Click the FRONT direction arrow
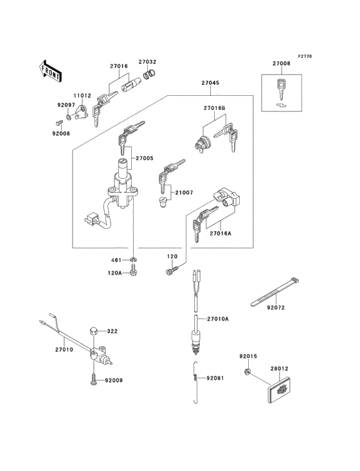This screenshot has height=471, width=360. [x=50, y=69]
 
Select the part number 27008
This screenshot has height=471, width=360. [x=281, y=64]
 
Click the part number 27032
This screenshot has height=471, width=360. [x=147, y=62]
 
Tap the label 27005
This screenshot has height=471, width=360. [x=145, y=157]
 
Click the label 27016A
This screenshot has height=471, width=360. [x=220, y=233]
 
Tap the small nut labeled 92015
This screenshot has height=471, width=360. [x=248, y=373]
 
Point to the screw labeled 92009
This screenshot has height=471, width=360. [x=94, y=380]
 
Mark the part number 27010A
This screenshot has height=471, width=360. [x=217, y=319]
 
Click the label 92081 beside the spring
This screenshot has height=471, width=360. [x=215, y=378]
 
